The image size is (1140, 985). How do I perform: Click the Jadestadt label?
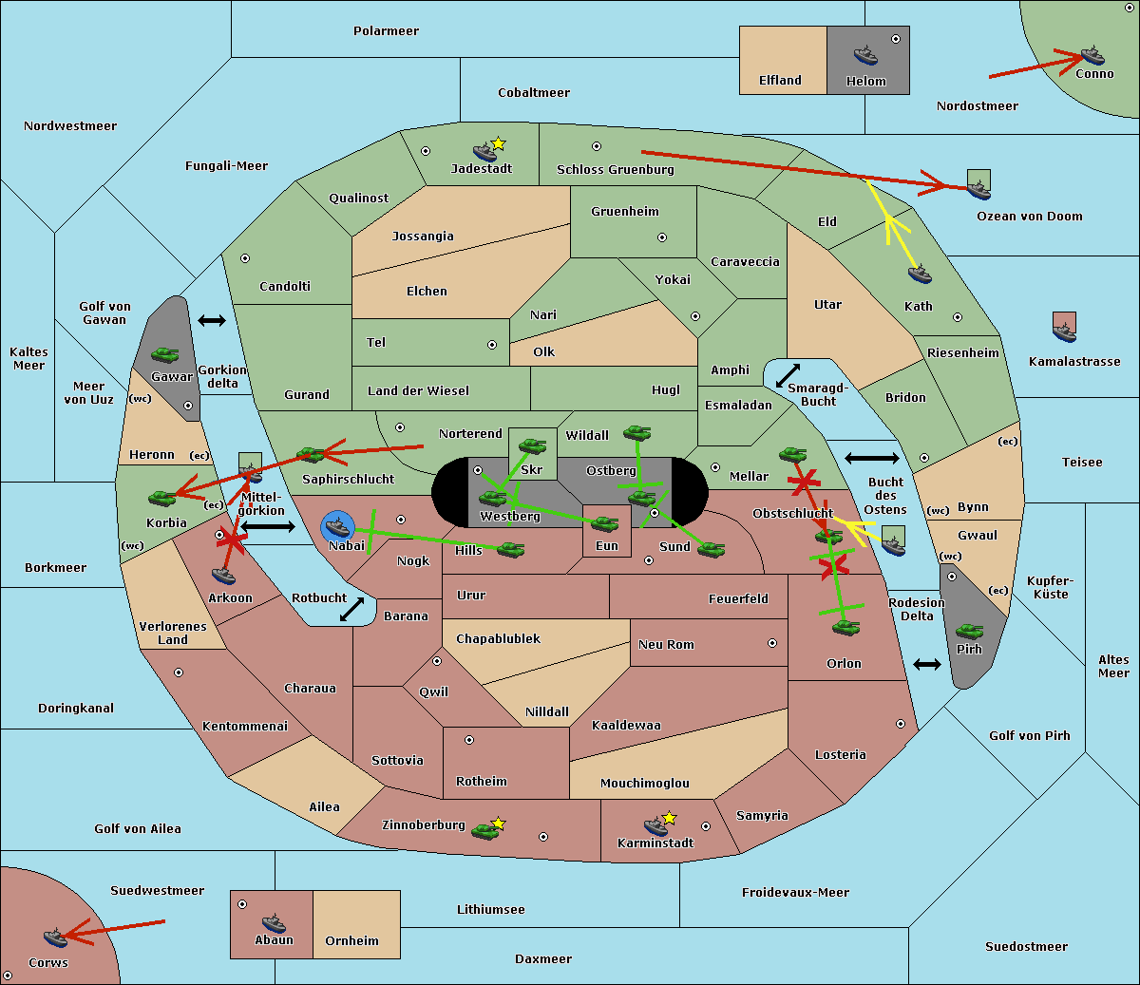pos(482,169)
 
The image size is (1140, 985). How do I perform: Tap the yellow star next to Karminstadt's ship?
pos(670,818)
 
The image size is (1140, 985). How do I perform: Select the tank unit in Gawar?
pos(165,355)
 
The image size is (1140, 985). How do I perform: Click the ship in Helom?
pos(865,54)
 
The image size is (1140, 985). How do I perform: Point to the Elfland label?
pos(780,81)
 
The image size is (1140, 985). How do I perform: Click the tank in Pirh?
pos(969,632)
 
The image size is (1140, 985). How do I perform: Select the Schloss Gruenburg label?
pos(615,170)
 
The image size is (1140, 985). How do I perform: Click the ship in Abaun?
pos(274,922)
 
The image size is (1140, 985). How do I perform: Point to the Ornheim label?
pos(351,941)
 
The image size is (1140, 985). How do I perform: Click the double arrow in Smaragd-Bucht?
pos(788,375)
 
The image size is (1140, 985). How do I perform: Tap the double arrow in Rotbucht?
pos(352,609)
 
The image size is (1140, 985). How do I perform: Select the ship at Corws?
pos(55,938)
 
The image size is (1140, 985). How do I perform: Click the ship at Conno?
pos(1092,55)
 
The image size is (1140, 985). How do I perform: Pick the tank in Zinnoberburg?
pos(485,831)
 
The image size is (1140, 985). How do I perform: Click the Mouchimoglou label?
pos(645,784)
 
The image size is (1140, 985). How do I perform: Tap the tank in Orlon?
pos(845,627)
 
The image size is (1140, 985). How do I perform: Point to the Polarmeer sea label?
pos(386,31)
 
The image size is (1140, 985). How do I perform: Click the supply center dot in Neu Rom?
pos(772,643)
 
